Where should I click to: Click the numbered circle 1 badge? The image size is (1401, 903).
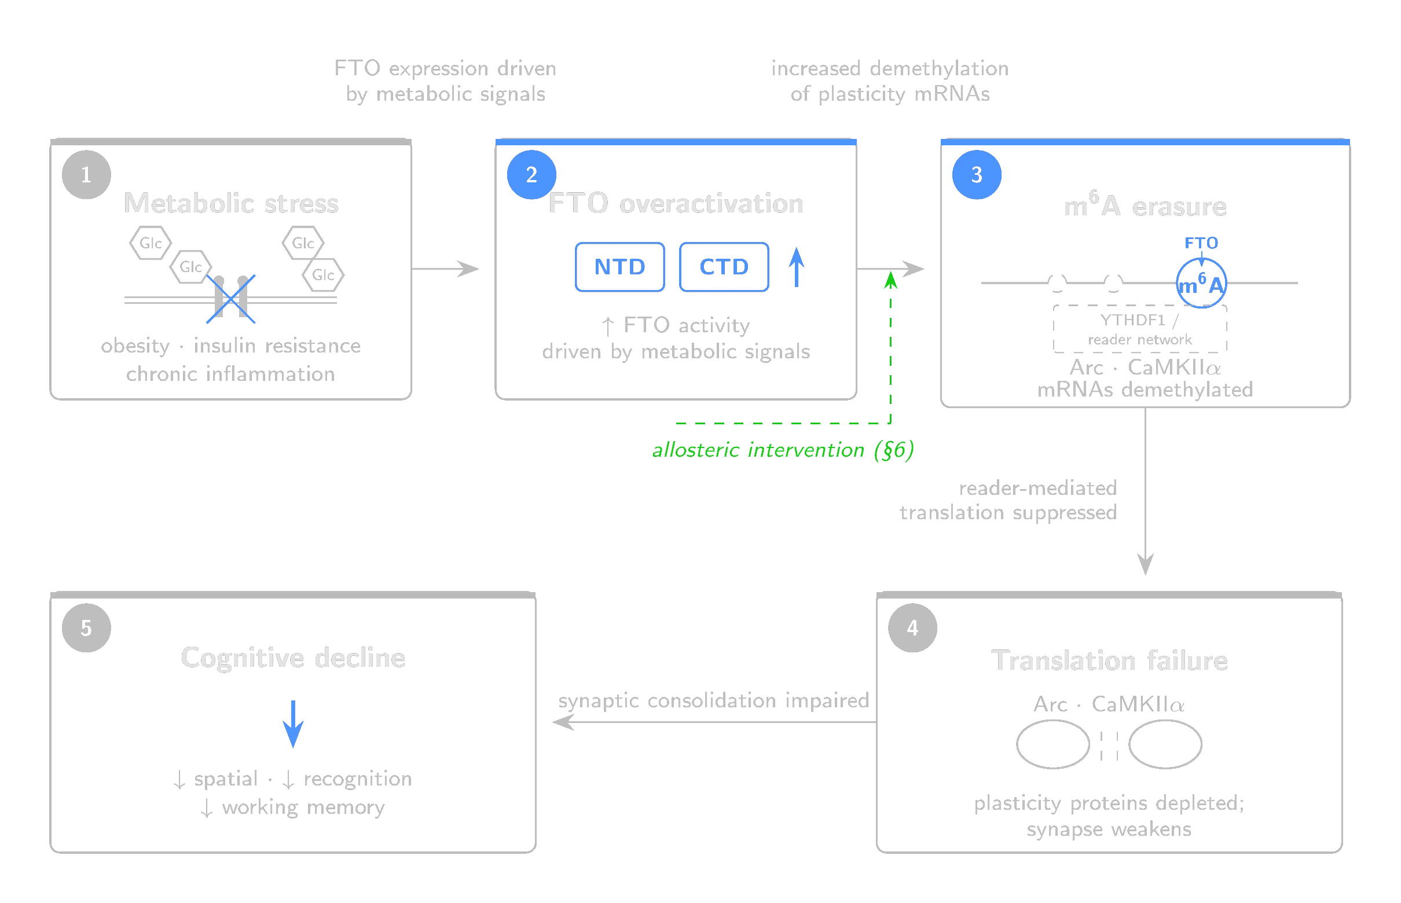pyautogui.click(x=86, y=175)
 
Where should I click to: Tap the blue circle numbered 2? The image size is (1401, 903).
pyautogui.click(x=531, y=174)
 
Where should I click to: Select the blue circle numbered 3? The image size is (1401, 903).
pyautogui.click(x=977, y=175)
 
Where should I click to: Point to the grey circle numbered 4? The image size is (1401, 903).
pyautogui.click(x=912, y=627)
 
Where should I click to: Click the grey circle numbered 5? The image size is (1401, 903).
pyautogui.click(x=86, y=627)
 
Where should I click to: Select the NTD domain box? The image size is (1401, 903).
pyautogui.click(x=620, y=267)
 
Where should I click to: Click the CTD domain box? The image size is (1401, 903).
pyautogui.click(x=723, y=267)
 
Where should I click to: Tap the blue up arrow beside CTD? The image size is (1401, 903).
pyautogui.click(x=796, y=266)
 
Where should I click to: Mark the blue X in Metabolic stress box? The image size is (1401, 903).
pyautogui.click(x=232, y=299)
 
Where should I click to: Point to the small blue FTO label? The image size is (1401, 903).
pyautogui.click(x=1201, y=243)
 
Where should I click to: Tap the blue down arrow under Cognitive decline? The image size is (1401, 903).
pyautogui.click(x=292, y=724)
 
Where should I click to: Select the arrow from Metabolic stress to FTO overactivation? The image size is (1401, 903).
pyautogui.click(x=449, y=269)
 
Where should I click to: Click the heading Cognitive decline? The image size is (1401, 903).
pyautogui.click(x=293, y=658)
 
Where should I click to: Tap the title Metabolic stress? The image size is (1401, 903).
pyautogui.click(x=232, y=203)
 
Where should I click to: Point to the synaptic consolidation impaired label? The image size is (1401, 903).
pyautogui.click(x=713, y=700)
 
